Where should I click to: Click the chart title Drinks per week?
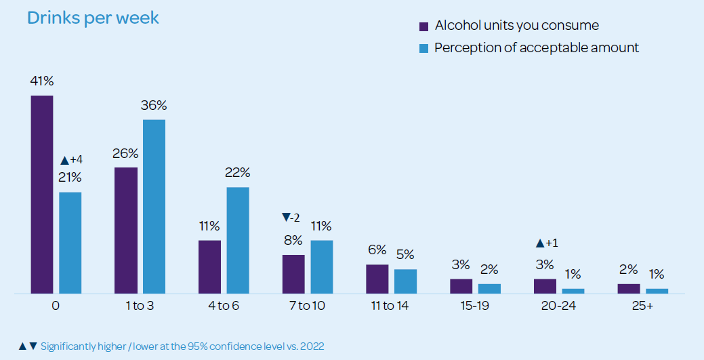click(93, 18)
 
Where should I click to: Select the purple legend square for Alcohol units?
click(423, 26)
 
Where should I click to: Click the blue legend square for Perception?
click(423, 48)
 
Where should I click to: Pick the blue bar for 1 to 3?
click(154, 207)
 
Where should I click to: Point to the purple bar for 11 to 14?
click(377, 279)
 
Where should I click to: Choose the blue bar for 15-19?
click(489, 288)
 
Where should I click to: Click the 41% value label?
click(41, 81)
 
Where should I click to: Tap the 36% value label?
click(154, 106)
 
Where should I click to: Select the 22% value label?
click(238, 173)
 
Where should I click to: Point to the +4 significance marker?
click(71, 160)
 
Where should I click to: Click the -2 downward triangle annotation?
click(291, 218)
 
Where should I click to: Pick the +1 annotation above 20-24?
click(546, 243)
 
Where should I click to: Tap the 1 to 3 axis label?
click(139, 306)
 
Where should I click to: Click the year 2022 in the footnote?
click(312, 346)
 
